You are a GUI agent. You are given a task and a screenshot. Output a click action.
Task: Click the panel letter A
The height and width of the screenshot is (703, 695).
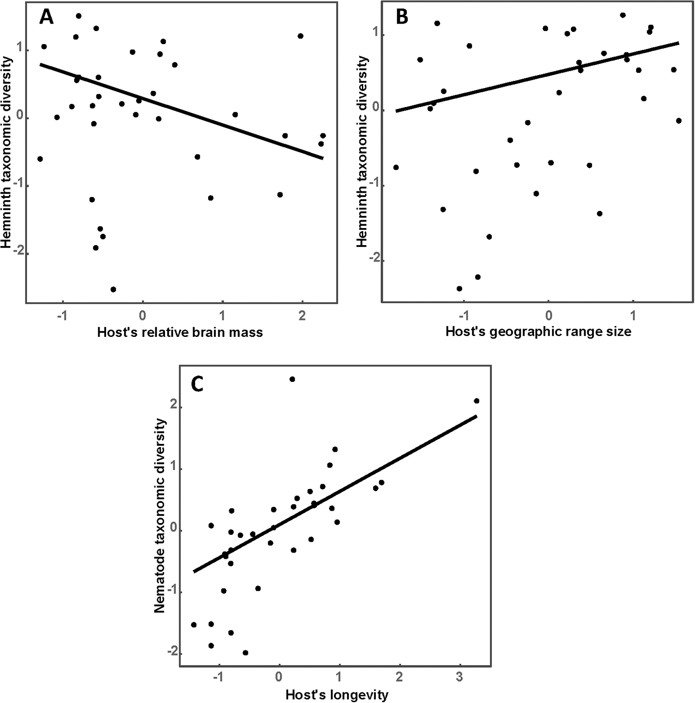(x=46, y=17)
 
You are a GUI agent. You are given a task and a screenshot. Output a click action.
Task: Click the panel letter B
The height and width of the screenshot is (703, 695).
(x=402, y=17)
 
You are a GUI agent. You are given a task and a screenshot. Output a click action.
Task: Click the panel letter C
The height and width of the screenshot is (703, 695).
(x=197, y=384)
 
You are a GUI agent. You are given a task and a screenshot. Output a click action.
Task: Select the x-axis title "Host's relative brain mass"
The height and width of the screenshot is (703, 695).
(x=180, y=332)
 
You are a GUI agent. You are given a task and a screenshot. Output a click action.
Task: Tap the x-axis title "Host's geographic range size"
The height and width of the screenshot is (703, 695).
(x=538, y=331)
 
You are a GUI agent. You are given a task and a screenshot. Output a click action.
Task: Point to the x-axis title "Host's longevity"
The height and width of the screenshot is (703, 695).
(x=337, y=695)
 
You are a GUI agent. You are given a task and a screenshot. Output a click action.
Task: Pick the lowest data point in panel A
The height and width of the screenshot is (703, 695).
(x=113, y=289)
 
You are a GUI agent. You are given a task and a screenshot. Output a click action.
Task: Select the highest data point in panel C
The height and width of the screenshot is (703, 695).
(x=292, y=379)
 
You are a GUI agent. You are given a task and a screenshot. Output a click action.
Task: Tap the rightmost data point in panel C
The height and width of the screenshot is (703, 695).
(x=476, y=401)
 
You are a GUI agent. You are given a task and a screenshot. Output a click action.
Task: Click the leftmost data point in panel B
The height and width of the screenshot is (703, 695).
(x=396, y=167)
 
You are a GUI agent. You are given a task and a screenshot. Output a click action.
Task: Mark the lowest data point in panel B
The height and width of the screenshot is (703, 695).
(x=459, y=289)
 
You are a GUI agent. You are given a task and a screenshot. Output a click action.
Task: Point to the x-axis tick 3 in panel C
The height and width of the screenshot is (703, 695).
(x=459, y=677)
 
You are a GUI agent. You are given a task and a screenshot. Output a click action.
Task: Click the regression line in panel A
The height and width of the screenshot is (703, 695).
(x=181, y=111)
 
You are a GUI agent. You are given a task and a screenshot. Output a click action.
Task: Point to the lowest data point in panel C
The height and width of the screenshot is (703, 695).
(x=245, y=652)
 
